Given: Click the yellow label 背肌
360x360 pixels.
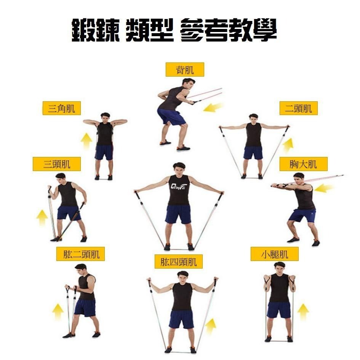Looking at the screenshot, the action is click(x=185, y=70).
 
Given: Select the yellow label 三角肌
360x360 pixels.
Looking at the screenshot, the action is click(x=62, y=108).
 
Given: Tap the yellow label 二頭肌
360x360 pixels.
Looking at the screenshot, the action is click(x=298, y=108).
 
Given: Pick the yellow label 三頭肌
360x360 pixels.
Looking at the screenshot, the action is click(x=57, y=164).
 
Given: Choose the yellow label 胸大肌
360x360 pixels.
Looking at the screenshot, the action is click(x=303, y=164).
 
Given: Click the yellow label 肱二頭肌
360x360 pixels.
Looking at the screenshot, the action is click(x=81, y=254).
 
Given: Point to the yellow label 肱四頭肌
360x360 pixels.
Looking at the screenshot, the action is click(x=178, y=261).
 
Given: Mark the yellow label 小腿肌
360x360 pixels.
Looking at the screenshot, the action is click(x=275, y=254).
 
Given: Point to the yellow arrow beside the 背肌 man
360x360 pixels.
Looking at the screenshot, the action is click(x=213, y=107).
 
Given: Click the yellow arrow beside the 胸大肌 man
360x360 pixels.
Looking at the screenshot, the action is click(x=323, y=188).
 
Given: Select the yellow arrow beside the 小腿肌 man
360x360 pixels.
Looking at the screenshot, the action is click(x=303, y=311).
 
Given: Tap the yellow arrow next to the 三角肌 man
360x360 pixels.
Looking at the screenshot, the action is click(x=86, y=141).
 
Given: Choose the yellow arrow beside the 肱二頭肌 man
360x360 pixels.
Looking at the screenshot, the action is click(x=58, y=311).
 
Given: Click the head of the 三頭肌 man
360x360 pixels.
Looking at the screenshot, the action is click(x=61, y=179).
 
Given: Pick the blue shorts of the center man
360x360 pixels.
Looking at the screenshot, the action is click(x=178, y=214).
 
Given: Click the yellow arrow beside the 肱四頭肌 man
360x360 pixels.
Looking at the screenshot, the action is click(x=210, y=326).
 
